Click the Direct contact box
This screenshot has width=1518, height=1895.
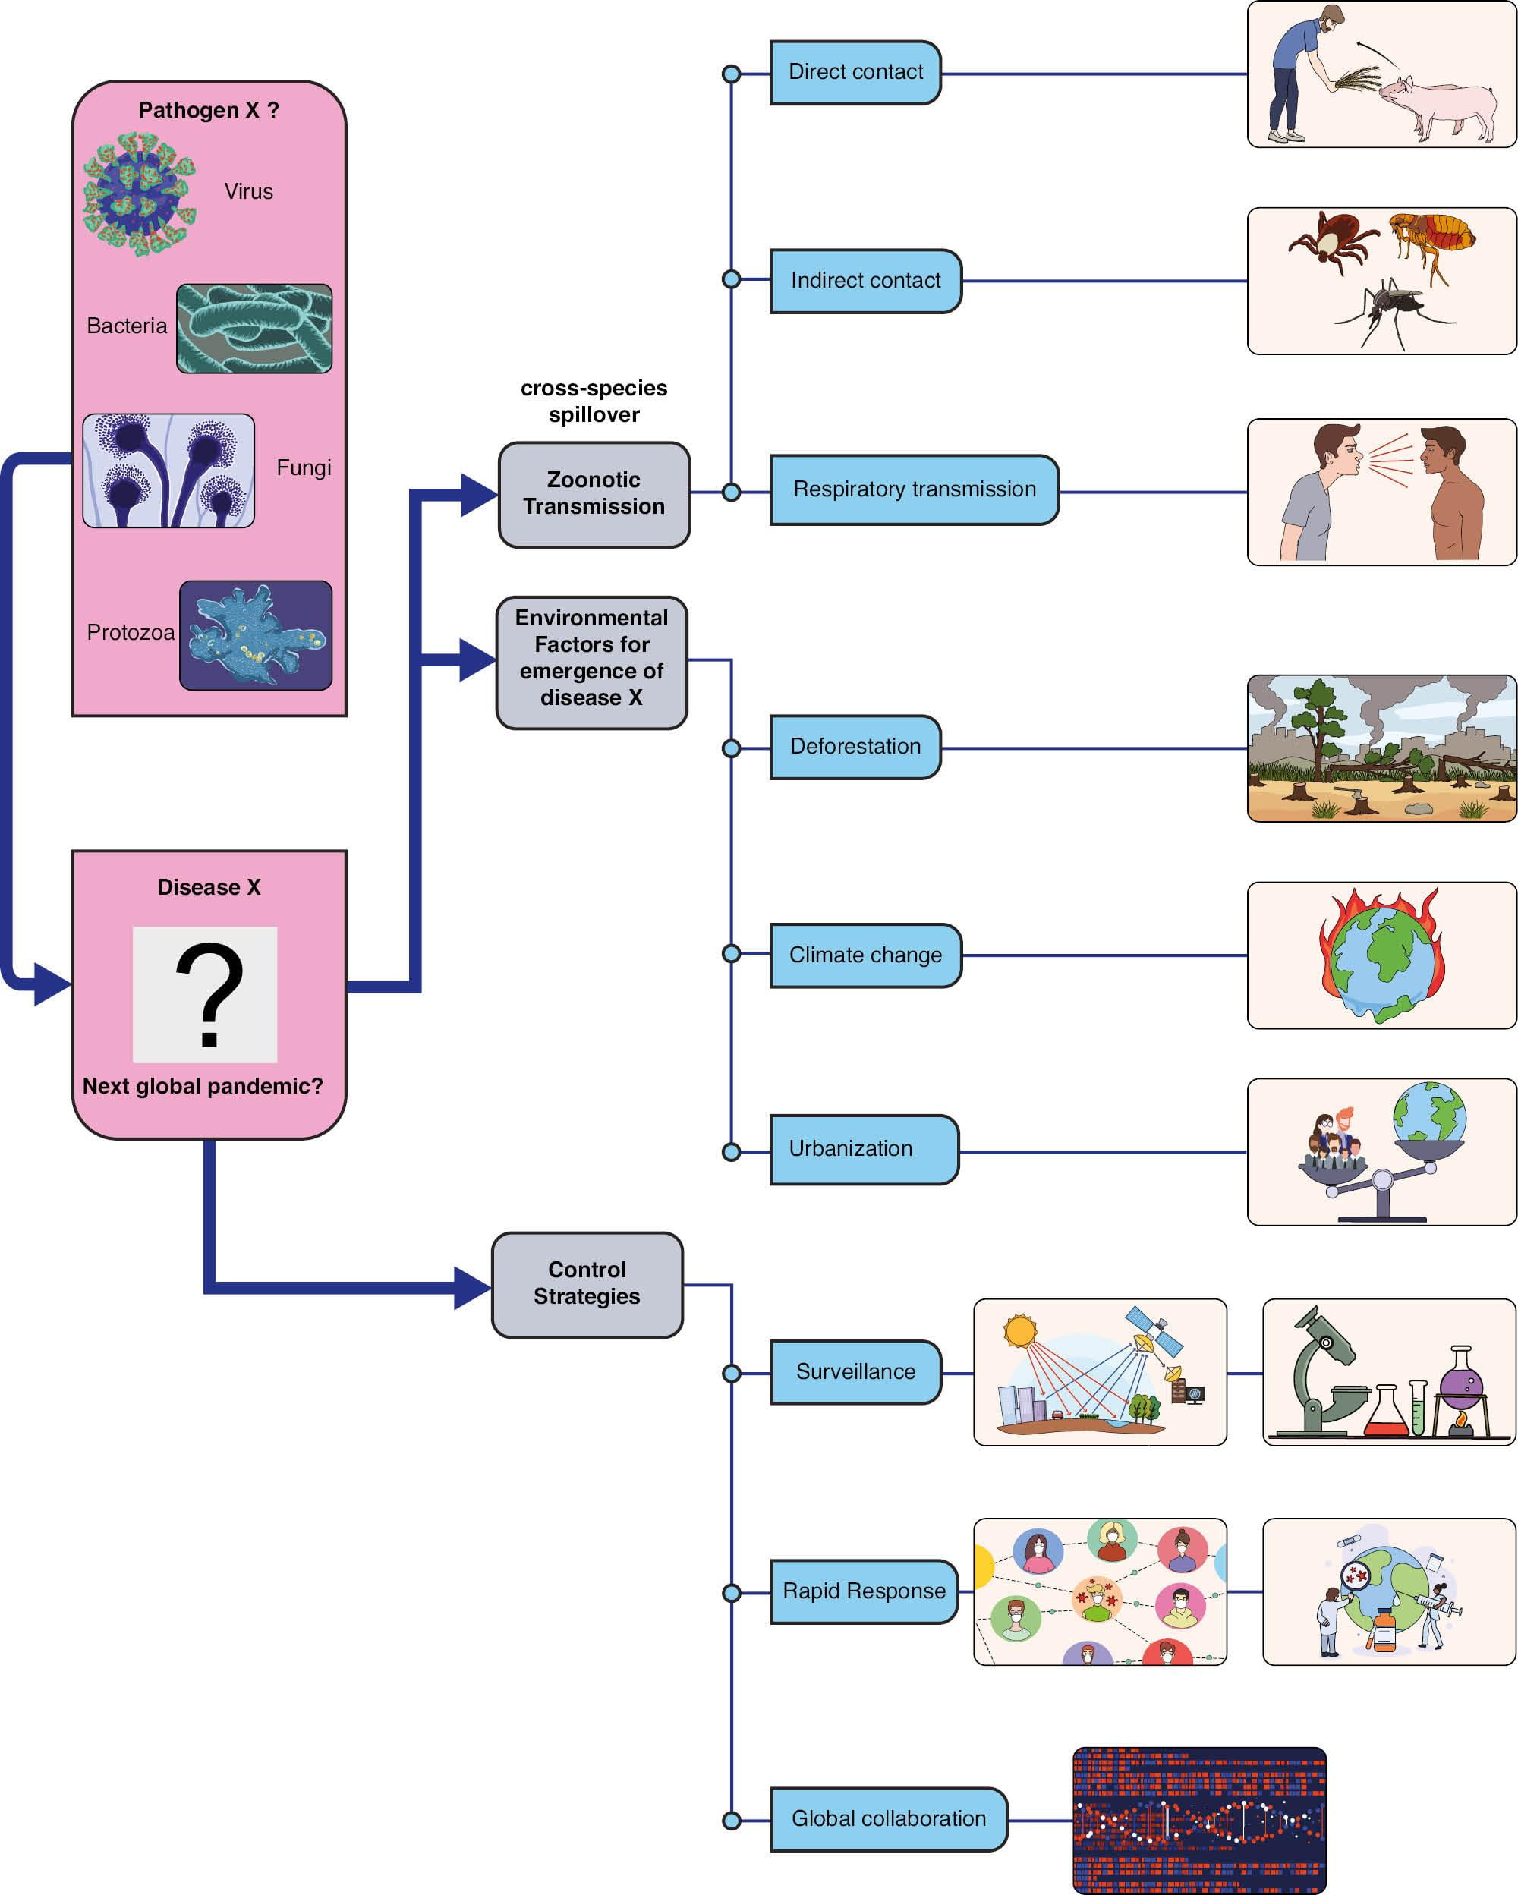tap(855, 73)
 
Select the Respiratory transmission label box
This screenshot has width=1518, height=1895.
tap(913, 489)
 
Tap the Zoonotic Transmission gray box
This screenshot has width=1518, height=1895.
tap(594, 494)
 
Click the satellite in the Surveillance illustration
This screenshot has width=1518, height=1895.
tap(1151, 1328)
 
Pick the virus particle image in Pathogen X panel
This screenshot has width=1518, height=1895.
tap(139, 194)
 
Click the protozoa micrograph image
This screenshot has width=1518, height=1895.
tap(255, 634)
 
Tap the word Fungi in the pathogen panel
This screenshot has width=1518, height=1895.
tap(304, 467)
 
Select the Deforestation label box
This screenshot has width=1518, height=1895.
tap(855, 747)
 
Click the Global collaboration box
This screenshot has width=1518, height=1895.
tap(888, 1818)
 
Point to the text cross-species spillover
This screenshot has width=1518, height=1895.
tap(594, 401)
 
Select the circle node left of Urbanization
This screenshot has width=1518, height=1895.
tap(730, 1151)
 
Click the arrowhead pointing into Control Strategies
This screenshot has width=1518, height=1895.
tap(471, 1288)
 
